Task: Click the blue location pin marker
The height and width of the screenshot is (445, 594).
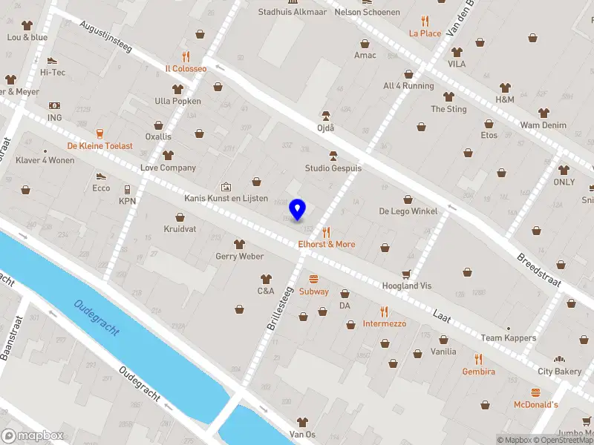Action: point(298,209)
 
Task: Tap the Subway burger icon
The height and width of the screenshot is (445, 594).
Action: point(313,279)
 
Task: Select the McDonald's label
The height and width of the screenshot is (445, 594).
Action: point(535,404)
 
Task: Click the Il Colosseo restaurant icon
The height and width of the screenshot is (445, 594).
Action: point(186,56)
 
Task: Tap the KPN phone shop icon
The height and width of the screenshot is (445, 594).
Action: point(127,189)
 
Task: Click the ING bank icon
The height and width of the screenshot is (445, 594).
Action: point(54,106)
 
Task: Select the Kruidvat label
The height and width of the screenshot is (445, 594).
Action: point(180,229)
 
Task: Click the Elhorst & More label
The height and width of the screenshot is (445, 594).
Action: point(326,244)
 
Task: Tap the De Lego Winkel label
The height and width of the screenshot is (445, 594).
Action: point(408,211)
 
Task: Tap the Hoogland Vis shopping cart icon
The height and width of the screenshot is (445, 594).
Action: point(406,274)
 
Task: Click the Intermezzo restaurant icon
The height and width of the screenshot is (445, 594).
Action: point(384,311)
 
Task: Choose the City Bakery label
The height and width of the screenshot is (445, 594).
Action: point(560,371)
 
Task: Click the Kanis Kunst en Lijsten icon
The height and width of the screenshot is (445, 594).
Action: point(226,187)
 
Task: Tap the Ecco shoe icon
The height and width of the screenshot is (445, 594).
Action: point(101,177)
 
